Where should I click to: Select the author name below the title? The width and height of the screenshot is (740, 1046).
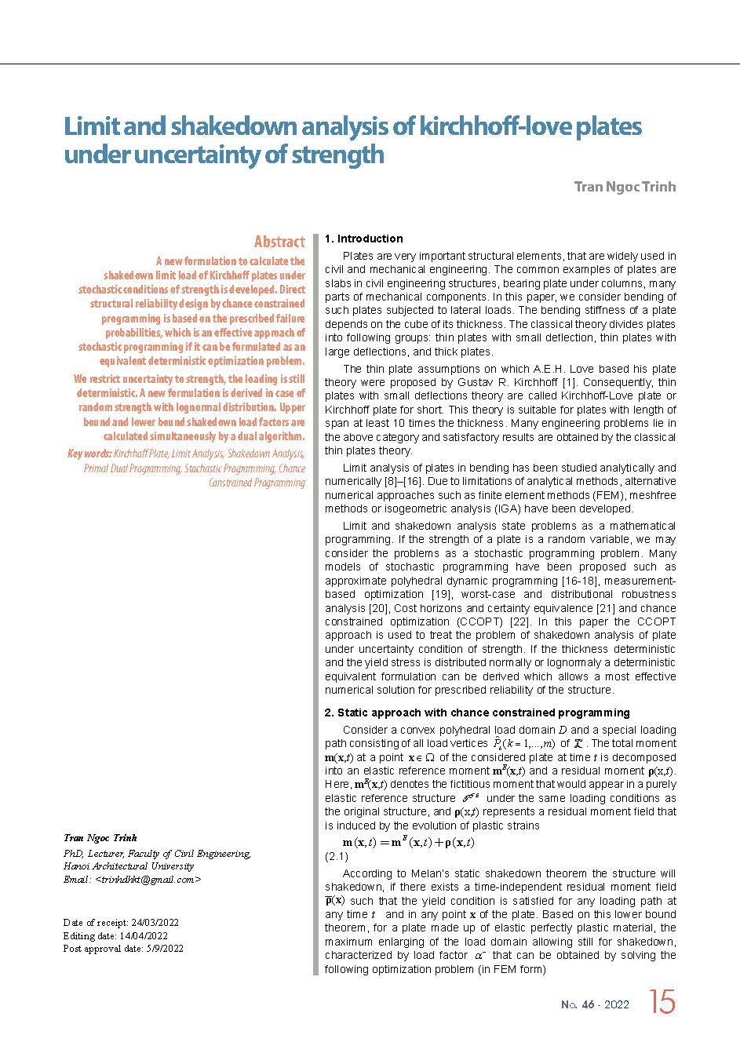pos(624,187)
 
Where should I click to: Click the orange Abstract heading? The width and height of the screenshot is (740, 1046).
pos(279,242)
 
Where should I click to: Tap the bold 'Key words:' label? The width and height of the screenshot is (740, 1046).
pos(89,454)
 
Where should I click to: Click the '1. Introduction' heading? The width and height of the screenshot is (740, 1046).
pos(363,239)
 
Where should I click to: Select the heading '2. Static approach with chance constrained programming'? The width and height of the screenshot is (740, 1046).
pos(477,713)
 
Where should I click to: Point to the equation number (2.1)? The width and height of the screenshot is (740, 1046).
pos(336,857)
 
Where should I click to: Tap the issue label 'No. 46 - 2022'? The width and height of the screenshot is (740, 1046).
pos(595,1004)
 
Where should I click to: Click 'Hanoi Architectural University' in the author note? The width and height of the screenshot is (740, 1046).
pos(128,866)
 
